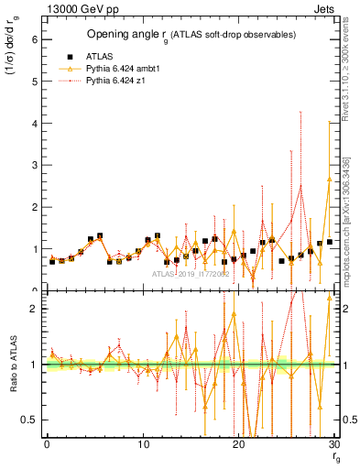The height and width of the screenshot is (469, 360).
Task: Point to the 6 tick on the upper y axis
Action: [x=34, y=39]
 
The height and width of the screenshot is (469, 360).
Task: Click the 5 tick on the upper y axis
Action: [x=34, y=82]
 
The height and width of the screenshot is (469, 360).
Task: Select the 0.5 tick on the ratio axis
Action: [x=30, y=420]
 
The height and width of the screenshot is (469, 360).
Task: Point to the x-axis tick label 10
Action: [x=142, y=445]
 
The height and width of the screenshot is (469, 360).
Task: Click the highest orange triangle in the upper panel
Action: [x=329, y=179]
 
